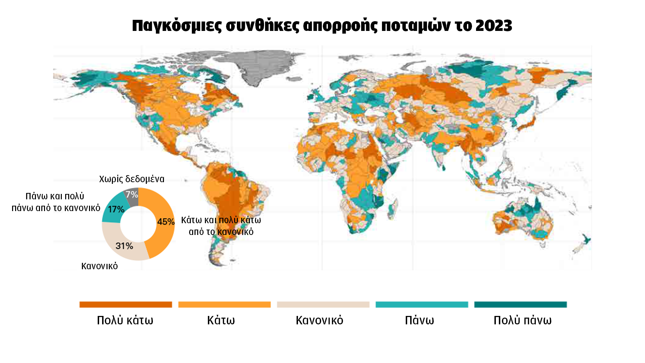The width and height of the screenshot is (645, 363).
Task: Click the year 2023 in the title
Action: coord(493,26)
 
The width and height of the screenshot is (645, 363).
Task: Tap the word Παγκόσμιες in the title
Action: coord(177,26)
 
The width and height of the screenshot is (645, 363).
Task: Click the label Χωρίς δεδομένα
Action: coord(132,179)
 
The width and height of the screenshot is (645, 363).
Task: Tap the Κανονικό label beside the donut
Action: coord(99,266)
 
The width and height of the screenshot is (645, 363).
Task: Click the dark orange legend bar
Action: coord(126,305)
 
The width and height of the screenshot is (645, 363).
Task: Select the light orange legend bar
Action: coord(224,305)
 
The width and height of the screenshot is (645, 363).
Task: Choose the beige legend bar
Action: coord(323,305)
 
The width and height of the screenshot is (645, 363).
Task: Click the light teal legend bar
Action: coord(422,305)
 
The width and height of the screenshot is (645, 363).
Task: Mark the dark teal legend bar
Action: coord(520,305)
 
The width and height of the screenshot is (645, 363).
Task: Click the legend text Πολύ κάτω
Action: coord(125,320)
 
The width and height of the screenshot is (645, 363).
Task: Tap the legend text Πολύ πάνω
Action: coord(522,320)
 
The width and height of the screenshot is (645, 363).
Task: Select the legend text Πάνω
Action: coord(419,320)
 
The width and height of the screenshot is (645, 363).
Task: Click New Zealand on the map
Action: coord(583,244)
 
